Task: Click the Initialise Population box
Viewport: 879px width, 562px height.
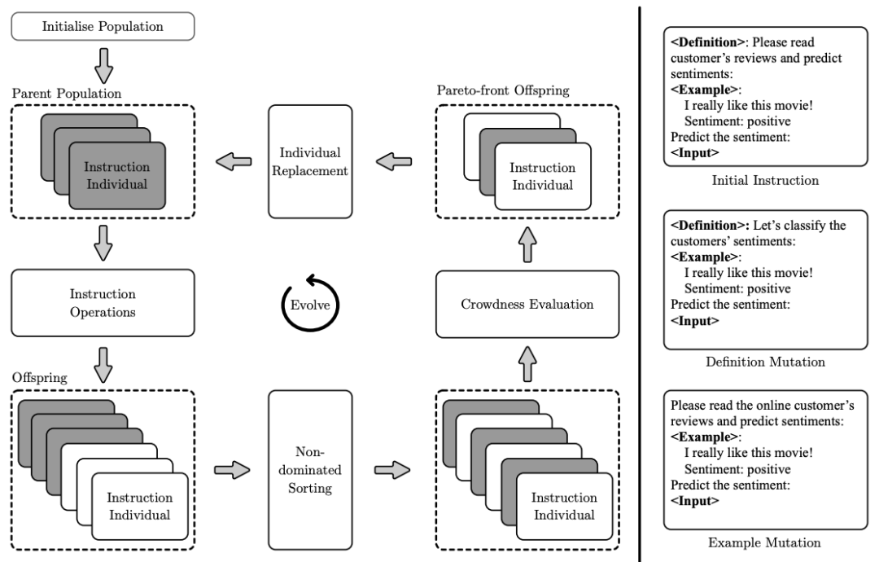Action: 103,26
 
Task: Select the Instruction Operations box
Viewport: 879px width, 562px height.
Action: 103,303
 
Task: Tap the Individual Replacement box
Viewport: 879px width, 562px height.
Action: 310,161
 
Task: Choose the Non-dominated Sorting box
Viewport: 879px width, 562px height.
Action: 310,470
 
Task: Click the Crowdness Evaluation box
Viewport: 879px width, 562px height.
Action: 527,304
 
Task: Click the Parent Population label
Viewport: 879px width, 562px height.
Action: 67,93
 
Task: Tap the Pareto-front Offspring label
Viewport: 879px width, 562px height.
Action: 503,90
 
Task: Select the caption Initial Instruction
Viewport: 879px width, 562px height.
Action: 765,180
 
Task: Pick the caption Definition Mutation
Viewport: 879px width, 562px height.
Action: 765,362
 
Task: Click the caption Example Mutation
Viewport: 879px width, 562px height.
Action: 764,542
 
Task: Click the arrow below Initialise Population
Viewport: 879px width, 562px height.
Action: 103,66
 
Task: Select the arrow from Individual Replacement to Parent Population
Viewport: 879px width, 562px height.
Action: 234,161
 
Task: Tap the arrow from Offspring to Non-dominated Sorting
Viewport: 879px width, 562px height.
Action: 232,470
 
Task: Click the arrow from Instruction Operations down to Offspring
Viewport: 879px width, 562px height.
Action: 103,365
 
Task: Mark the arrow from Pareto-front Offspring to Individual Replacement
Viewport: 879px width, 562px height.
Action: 394,161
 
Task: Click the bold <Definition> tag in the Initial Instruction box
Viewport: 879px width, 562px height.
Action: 707,42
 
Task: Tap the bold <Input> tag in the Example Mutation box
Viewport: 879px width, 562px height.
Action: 694,501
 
